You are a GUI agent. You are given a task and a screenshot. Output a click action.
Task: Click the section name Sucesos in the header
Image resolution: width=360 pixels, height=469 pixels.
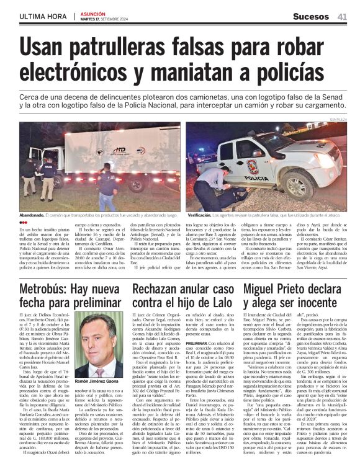point(311,16)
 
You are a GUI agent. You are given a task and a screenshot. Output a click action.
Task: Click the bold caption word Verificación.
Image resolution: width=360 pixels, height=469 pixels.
point(202,214)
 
